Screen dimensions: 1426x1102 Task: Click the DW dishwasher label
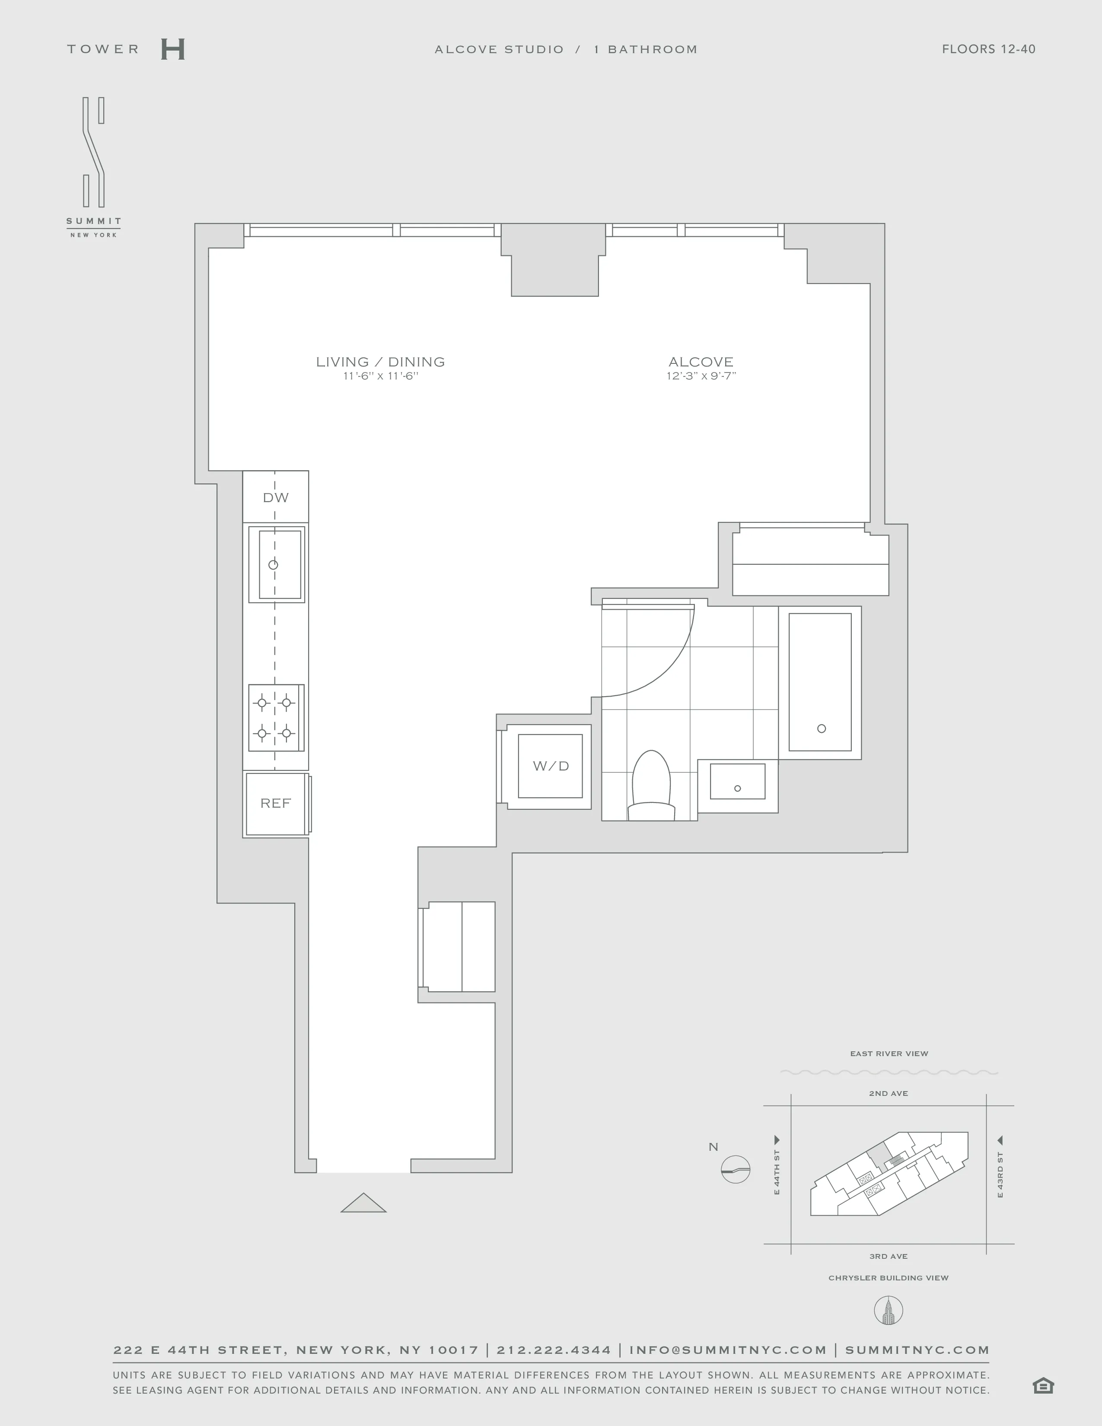(x=276, y=497)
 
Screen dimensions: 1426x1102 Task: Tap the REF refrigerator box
(x=276, y=804)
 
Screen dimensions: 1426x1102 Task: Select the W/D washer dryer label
(x=550, y=766)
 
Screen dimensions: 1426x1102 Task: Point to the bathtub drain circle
(x=821, y=729)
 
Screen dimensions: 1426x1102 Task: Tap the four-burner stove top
(x=275, y=718)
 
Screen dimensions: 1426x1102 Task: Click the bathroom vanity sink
(x=738, y=782)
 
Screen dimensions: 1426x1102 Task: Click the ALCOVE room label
(x=701, y=362)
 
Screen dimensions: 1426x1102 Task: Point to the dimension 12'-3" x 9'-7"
(x=701, y=376)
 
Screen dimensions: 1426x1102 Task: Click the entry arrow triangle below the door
(x=363, y=1203)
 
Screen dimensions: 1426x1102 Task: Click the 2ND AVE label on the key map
(x=888, y=1093)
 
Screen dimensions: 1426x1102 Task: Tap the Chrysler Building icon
(x=888, y=1311)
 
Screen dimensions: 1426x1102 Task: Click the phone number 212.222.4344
(x=554, y=1350)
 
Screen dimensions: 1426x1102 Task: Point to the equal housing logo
(x=1043, y=1385)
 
